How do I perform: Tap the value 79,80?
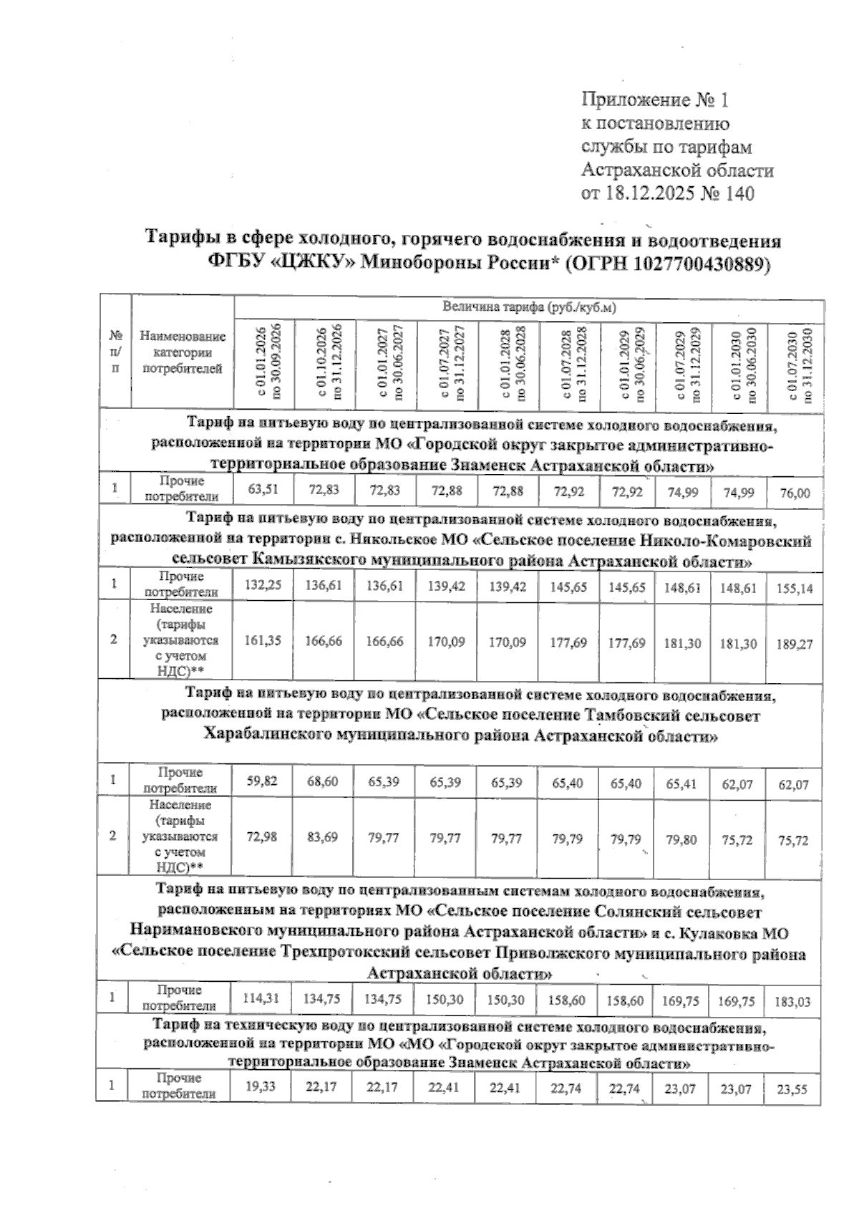click(680, 840)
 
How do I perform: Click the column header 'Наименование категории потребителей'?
click(183, 352)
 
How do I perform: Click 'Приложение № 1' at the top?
click(655, 99)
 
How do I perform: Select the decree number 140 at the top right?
click(739, 193)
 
